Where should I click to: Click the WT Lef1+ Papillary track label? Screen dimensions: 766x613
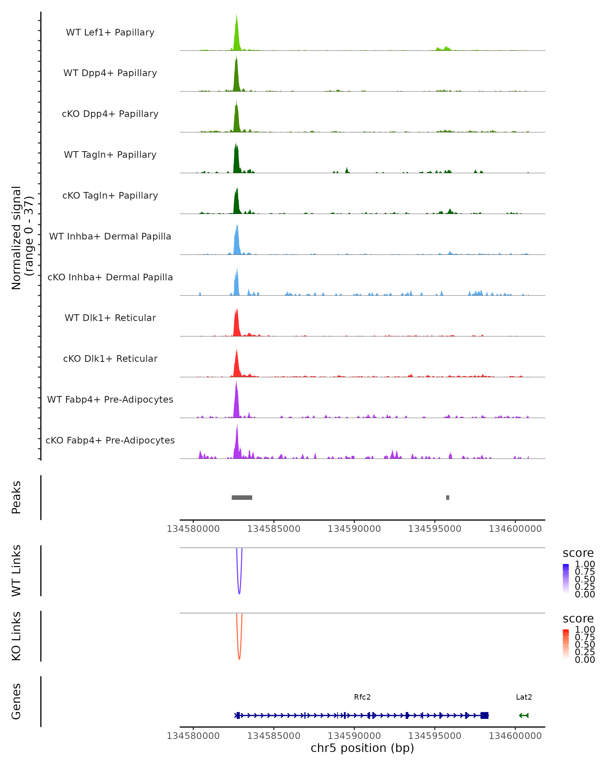point(110,32)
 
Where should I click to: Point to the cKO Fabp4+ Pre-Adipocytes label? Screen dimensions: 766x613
point(110,440)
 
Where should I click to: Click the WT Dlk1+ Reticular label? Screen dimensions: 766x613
point(110,318)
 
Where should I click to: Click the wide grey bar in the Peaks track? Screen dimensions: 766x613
point(242,497)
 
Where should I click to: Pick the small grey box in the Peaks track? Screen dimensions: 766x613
point(447,497)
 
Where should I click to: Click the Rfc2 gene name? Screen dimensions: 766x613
point(362,697)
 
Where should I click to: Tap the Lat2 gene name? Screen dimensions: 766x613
point(524,697)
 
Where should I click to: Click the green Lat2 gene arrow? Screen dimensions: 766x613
point(524,715)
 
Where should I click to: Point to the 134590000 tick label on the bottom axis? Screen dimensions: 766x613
point(354,736)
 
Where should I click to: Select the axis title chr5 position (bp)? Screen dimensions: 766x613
point(362,748)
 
